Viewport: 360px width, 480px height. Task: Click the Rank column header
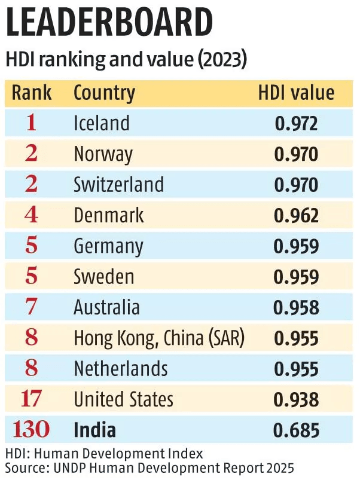(x=32, y=93)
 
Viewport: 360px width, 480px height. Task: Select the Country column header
(x=104, y=93)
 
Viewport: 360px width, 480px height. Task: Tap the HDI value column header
(x=296, y=93)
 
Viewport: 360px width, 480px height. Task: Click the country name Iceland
(x=102, y=123)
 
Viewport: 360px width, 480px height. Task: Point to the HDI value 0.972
(x=296, y=124)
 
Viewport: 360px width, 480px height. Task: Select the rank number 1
(x=32, y=123)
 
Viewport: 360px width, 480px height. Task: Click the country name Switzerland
(x=118, y=184)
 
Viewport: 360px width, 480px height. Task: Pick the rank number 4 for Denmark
(x=32, y=215)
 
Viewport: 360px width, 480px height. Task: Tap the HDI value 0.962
(x=296, y=215)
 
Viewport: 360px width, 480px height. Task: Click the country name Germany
(x=108, y=246)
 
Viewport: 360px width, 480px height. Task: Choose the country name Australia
(x=106, y=307)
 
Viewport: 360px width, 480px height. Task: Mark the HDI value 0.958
(x=296, y=307)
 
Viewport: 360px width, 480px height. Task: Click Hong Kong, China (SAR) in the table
(x=159, y=338)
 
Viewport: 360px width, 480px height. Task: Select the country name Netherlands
(x=120, y=369)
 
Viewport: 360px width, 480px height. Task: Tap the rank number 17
(x=32, y=399)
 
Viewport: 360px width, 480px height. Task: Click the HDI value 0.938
(x=296, y=399)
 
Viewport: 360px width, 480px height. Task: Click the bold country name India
(x=94, y=430)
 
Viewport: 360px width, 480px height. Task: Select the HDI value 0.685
(x=296, y=430)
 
